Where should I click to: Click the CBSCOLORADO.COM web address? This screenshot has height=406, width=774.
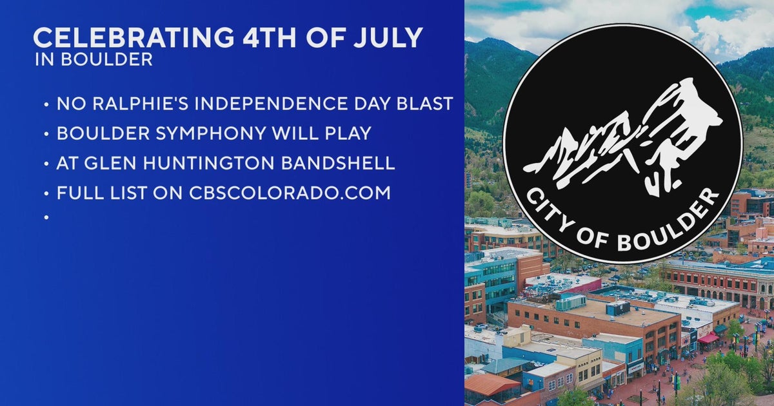pos(290,193)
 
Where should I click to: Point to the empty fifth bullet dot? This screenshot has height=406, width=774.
pos(47,218)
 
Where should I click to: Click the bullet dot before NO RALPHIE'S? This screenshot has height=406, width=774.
pos(47,104)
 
